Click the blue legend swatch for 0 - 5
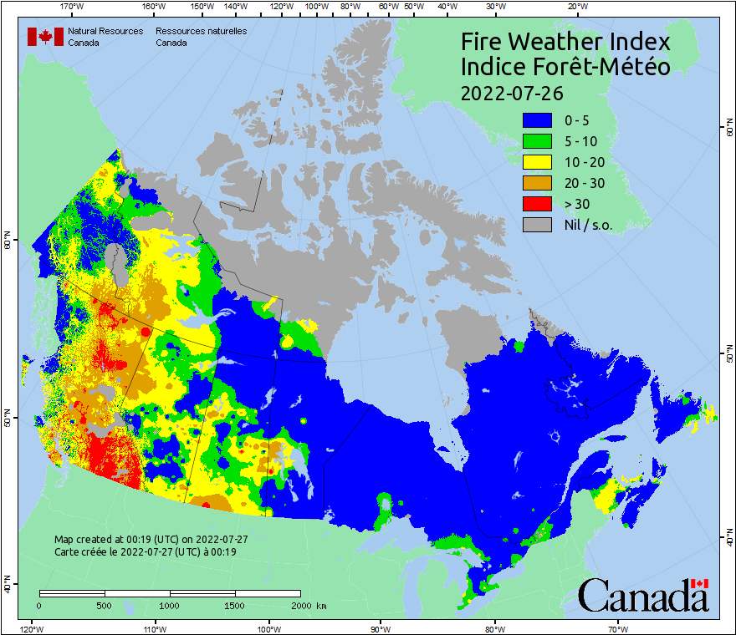coord(537,121)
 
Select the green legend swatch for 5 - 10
coord(537,142)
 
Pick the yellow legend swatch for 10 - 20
coord(537,163)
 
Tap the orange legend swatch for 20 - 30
coord(537,184)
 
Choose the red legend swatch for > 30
coord(537,205)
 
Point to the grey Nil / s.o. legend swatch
coord(537,226)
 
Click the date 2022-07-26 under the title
coord(512,92)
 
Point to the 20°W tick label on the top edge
coord(575,7)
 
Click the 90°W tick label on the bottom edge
coord(380,628)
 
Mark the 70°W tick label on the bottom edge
coord(618,628)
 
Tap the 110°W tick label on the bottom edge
coord(153,628)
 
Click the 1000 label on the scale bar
coord(170,606)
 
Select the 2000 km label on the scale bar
coord(309,606)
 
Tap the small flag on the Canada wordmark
coord(700,583)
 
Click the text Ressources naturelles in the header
coord(195,31)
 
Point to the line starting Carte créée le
coord(145,552)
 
